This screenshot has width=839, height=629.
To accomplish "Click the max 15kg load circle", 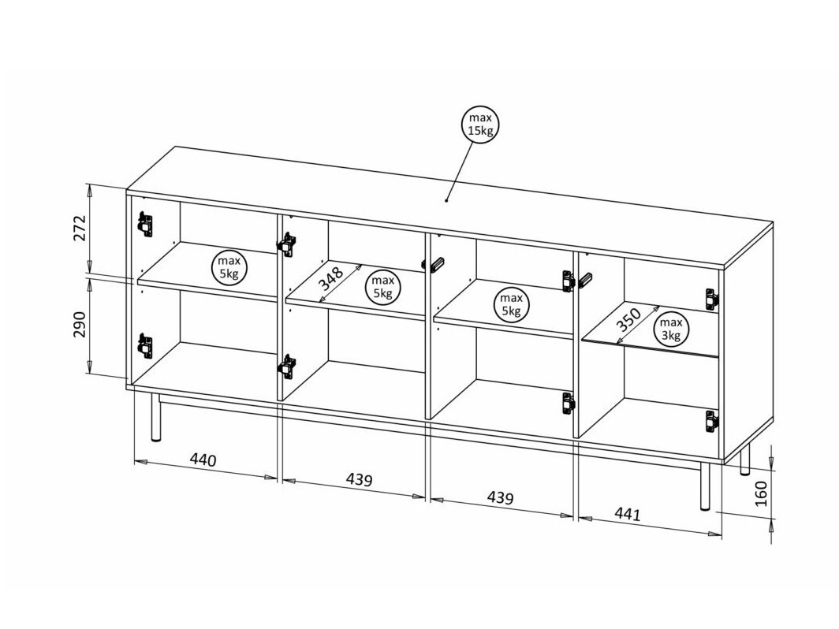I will pos(480,125).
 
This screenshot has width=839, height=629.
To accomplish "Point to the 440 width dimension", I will pos(203,460).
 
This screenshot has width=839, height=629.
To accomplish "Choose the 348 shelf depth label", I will pos(331,280).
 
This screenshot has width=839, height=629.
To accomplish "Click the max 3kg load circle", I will pos(671,329).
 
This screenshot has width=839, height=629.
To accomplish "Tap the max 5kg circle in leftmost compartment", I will pos(229,267).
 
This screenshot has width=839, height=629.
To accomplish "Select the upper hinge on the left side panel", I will pos(144,224).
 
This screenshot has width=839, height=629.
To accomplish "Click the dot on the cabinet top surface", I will pos(446,200).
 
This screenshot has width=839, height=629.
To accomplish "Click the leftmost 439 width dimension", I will pos(359,479).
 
